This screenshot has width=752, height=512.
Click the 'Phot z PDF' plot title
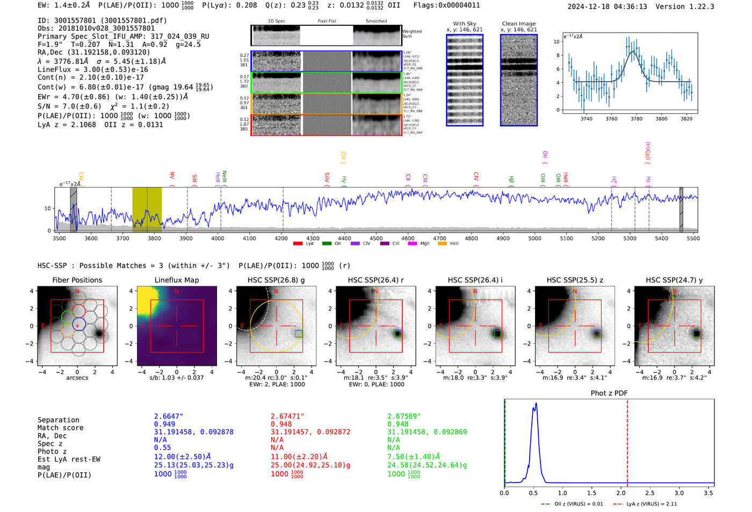[x=609, y=393]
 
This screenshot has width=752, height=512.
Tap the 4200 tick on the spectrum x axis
[x=281, y=238]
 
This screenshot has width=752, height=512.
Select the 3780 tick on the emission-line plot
[x=637, y=119]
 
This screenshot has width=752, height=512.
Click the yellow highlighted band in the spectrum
[x=147, y=209]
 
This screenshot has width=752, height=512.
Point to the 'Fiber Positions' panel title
[x=77, y=280]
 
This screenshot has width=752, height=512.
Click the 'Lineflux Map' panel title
[x=176, y=280]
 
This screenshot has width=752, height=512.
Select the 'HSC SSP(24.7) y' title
[x=674, y=280]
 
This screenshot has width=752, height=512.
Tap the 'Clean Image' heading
[x=518, y=24]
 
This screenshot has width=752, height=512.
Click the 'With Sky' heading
[x=464, y=24]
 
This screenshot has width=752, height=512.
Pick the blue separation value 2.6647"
[x=169, y=416]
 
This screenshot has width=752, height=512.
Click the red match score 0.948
[x=281, y=424]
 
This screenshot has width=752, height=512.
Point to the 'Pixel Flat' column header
[x=327, y=21]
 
